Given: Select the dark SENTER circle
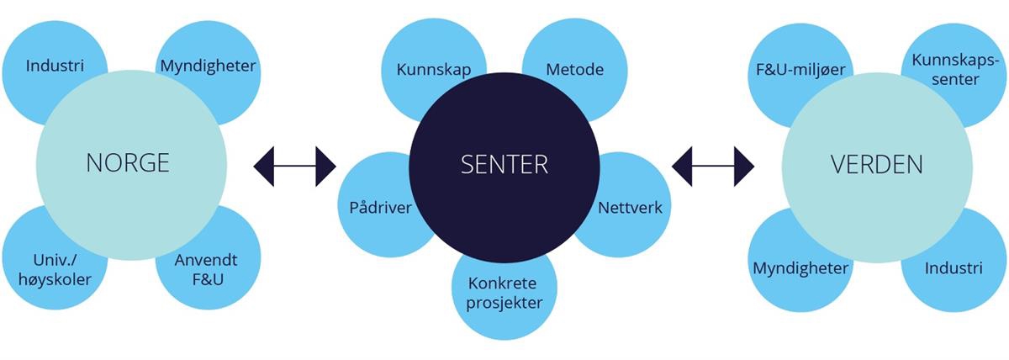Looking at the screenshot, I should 504,165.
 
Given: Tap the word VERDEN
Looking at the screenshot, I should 877,164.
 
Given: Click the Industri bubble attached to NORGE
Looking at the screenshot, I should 53,65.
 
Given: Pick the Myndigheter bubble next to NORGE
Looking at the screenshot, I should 209,65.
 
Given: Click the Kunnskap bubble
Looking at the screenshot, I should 433,69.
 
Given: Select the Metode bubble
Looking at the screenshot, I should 575,69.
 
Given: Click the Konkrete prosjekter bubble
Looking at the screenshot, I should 504,293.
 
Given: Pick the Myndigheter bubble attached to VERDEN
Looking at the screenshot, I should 800,268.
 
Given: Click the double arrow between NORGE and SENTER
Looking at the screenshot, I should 294,166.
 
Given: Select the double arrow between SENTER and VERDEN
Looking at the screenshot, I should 713,166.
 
